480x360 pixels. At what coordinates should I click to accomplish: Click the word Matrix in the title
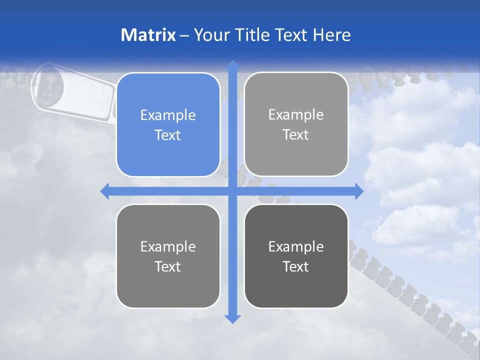click(148, 35)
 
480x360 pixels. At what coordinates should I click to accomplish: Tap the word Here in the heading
click(331, 35)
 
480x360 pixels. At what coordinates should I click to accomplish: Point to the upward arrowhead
click(232, 65)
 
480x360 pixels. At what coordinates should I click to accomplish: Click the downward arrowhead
click(232, 318)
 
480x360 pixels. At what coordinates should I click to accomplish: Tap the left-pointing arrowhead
click(105, 191)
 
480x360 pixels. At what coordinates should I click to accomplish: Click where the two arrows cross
click(232, 191)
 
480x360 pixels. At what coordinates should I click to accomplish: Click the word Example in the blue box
click(168, 115)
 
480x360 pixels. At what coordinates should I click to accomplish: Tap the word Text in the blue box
click(168, 135)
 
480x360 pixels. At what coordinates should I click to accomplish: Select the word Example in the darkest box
click(296, 246)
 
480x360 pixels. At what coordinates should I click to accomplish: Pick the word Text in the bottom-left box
click(168, 266)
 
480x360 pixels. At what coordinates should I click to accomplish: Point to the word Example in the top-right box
click(296, 114)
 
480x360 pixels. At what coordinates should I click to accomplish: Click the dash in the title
click(184, 35)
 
